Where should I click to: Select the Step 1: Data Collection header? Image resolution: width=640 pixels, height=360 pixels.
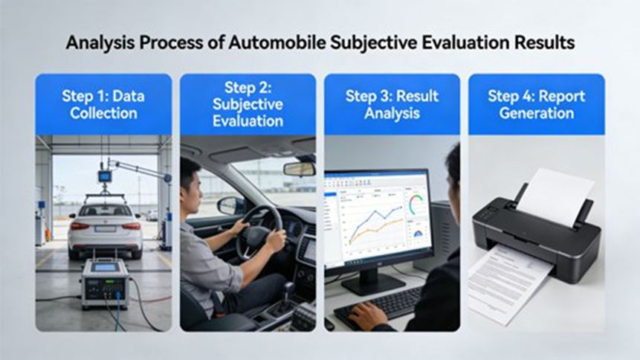103,104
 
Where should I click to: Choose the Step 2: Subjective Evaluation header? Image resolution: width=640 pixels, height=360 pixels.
248,104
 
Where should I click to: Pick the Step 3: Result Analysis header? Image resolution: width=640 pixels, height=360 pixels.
392,104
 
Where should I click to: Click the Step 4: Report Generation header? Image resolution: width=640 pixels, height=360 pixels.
536,104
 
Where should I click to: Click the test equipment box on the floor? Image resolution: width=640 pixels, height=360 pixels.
105,282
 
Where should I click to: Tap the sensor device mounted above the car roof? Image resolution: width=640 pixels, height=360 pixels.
105,177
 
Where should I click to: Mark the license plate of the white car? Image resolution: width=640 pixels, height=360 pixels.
105,230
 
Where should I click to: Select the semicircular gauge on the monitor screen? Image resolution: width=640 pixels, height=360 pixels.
416,205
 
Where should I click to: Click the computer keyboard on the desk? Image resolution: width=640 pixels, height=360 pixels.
380,305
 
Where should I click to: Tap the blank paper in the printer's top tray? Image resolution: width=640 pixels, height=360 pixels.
555,195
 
